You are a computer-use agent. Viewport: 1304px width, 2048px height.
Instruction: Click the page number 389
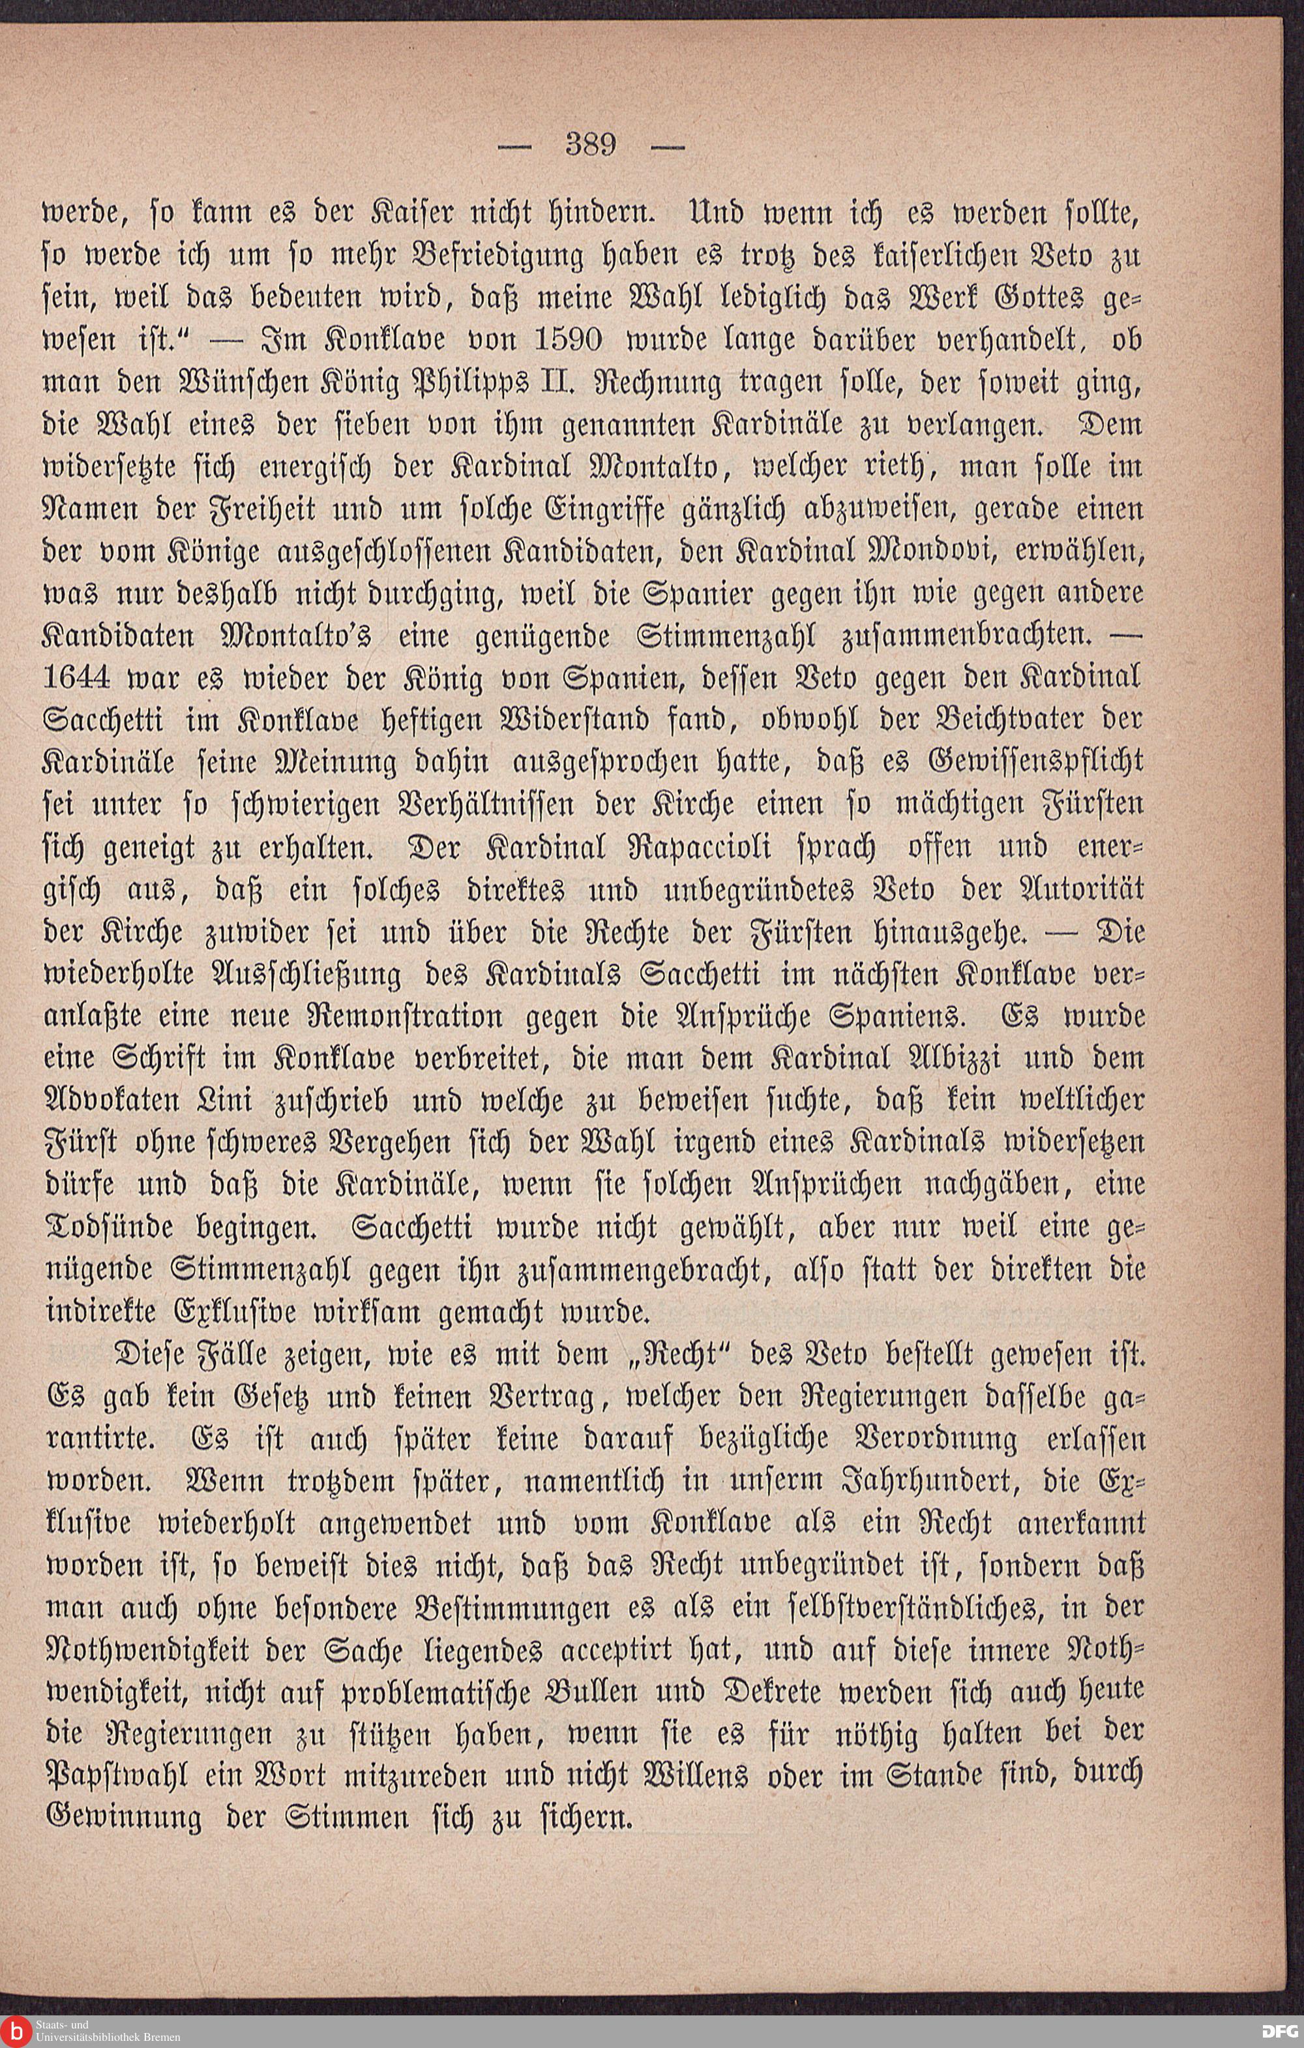(590, 145)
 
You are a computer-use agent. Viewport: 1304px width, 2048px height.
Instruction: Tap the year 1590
(570, 340)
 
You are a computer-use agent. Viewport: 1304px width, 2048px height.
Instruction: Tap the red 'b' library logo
(16, 2032)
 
